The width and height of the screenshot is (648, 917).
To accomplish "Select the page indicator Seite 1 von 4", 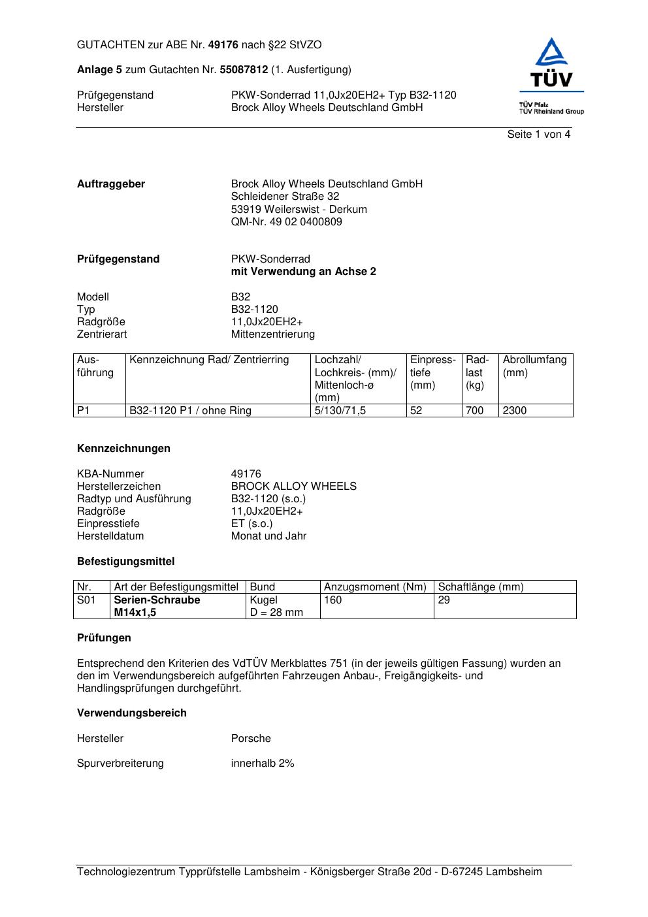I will (538, 135).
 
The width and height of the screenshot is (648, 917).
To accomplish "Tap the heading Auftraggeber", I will (111, 184).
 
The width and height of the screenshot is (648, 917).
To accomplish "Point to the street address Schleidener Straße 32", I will (285, 197).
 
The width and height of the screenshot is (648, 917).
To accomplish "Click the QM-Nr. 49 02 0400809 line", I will (286, 222).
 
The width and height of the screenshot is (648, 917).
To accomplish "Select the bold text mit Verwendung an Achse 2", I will (303, 272).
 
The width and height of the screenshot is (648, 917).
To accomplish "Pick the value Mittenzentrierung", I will (272, 334).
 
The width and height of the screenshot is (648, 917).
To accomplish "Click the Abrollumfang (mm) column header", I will (534, 366).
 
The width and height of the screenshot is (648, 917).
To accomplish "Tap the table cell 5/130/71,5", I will (340, 411).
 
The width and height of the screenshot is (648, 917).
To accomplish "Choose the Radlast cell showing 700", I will (474, 411).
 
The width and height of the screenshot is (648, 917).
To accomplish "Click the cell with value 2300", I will (514, 411).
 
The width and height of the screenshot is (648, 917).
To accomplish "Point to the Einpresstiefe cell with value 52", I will (416, 411).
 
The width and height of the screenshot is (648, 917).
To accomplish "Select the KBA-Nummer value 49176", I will (246, 474).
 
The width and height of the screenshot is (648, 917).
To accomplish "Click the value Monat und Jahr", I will (268, 536).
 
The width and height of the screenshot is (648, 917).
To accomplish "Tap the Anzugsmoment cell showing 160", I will (332, 600).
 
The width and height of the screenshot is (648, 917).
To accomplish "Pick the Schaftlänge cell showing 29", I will (444, 600).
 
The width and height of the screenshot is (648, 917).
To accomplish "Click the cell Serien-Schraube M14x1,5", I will (157, 606).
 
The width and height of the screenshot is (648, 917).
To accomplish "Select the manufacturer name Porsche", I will (251, 739).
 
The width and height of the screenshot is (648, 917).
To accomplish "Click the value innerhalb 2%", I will (263, 764).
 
